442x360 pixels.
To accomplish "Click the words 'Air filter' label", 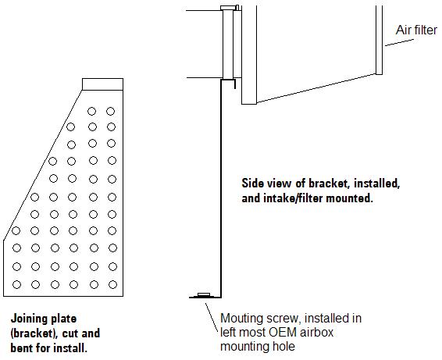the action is coord(416,30).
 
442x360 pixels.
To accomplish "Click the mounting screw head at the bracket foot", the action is coord(204,294).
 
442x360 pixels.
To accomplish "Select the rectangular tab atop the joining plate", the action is coord(102,84).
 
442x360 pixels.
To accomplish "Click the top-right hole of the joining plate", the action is coord(111,112).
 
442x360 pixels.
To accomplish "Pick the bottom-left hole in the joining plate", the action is coord(16,285).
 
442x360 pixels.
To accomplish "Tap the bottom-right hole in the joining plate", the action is coord(112,285).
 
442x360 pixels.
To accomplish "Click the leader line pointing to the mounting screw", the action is coord(212,318).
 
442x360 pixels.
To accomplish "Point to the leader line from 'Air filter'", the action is coord(399,42).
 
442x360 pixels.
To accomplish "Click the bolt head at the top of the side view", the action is coord(228,8).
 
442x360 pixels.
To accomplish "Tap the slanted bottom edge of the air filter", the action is coord(316,88).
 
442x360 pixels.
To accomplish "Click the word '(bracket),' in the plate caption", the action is coord(34,333).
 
